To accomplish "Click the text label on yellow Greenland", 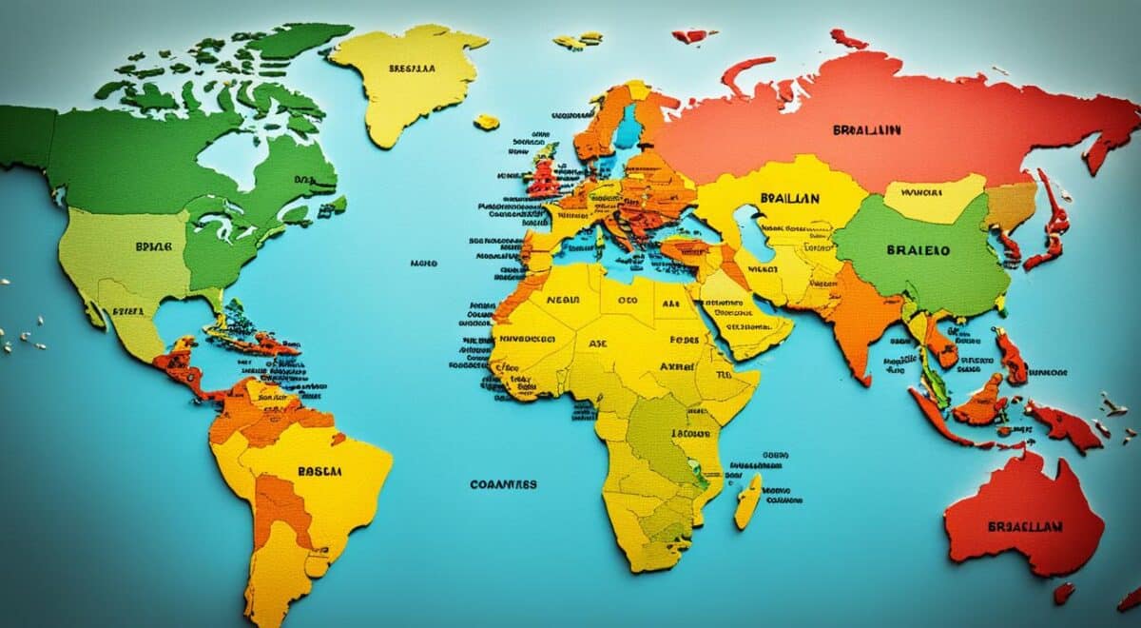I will [412, 69].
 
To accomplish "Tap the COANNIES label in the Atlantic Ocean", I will [503, 484].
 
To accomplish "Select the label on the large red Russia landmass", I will [866, 129].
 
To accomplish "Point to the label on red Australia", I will [1023, 525].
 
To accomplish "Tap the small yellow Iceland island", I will [487, 122].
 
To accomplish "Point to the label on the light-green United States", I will [153, 245].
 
